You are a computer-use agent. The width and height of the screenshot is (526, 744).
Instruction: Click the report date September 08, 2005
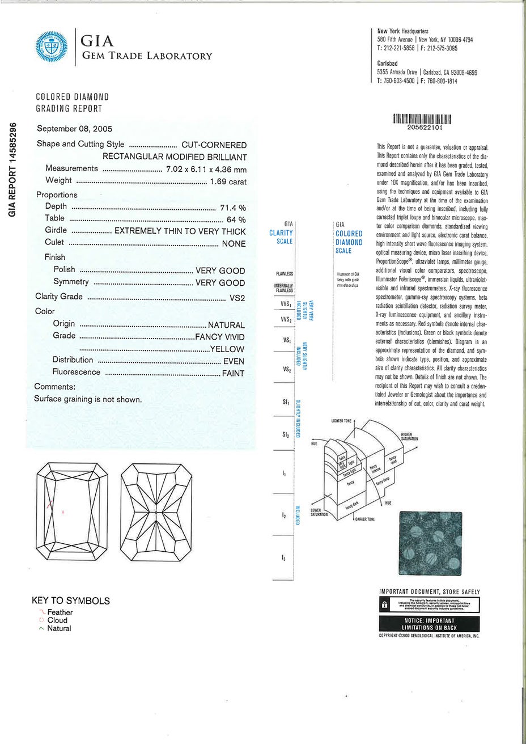point(74,129)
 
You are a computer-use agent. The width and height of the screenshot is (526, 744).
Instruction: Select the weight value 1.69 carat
point(228,181)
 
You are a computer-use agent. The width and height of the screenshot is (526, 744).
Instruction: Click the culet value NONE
point(234,244)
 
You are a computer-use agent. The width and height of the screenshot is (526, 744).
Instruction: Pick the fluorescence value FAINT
point(233,373)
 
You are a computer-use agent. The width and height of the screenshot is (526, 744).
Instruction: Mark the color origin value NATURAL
point(226,325)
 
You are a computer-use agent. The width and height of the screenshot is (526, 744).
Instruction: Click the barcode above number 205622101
point(421,119)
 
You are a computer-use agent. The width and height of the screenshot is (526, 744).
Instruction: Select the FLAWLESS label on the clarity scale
point(284,273)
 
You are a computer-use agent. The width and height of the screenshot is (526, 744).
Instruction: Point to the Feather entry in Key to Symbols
point(60,612)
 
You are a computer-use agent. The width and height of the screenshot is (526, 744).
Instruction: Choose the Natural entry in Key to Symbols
point(59,628)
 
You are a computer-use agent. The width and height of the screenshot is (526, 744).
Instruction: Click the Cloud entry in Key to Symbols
point(57,620)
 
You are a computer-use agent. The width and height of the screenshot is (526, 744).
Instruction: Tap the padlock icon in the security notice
point(385,604)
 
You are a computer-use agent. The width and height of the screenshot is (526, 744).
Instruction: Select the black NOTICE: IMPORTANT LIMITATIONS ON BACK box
point(429,624)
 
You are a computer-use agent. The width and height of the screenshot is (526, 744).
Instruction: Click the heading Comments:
point(55,387)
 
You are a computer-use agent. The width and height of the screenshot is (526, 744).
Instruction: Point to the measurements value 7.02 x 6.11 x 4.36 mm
point(206,169)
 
